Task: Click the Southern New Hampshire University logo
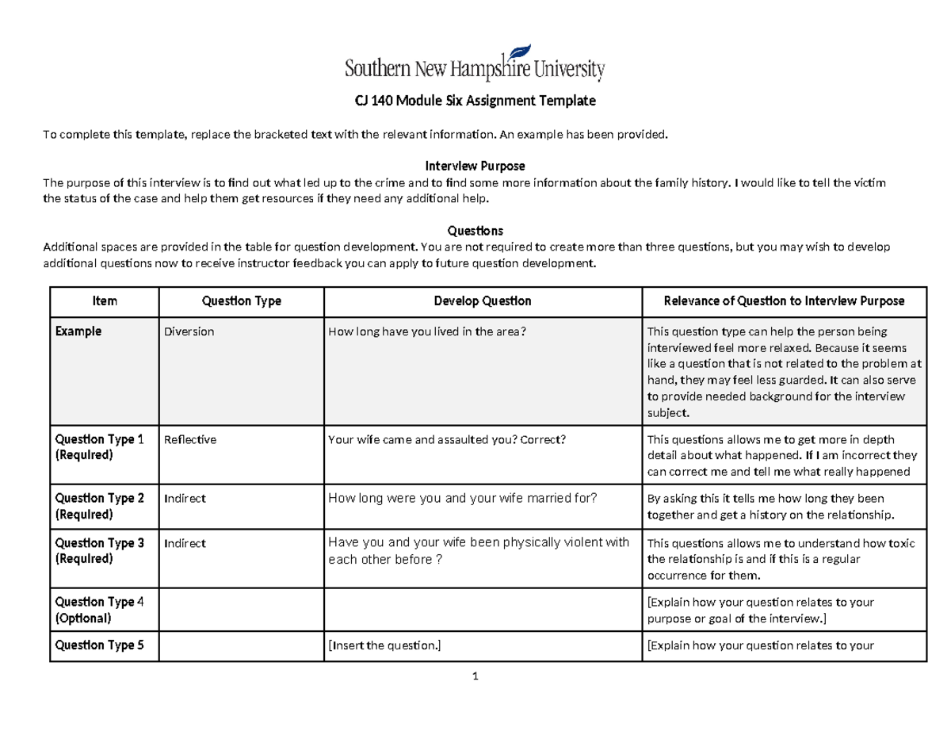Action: click(475, 64)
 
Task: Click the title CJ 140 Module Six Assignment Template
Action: click(474, 101)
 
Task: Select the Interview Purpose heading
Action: click(475, 166)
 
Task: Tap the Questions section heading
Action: click(475, 231)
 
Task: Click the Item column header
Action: click(105, 301)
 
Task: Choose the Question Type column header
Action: click(241, 301)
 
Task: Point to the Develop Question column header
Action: click(482, 301)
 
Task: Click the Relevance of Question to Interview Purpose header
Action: click(783, 301)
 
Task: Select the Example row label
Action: click(78, 331)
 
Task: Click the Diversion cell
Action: click(189, 331)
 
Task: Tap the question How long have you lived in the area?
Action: click(426, 331)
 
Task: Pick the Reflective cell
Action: click(189, 439)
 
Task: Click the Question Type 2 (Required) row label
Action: click(99, 506)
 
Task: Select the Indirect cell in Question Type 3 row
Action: click(185, 543)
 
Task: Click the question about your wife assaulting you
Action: click(447, 439)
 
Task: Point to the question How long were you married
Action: click(462, 498)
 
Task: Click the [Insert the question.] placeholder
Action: click(384, 645)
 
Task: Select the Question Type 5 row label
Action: click(99, 645)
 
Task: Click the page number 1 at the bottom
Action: click(475, 676)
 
